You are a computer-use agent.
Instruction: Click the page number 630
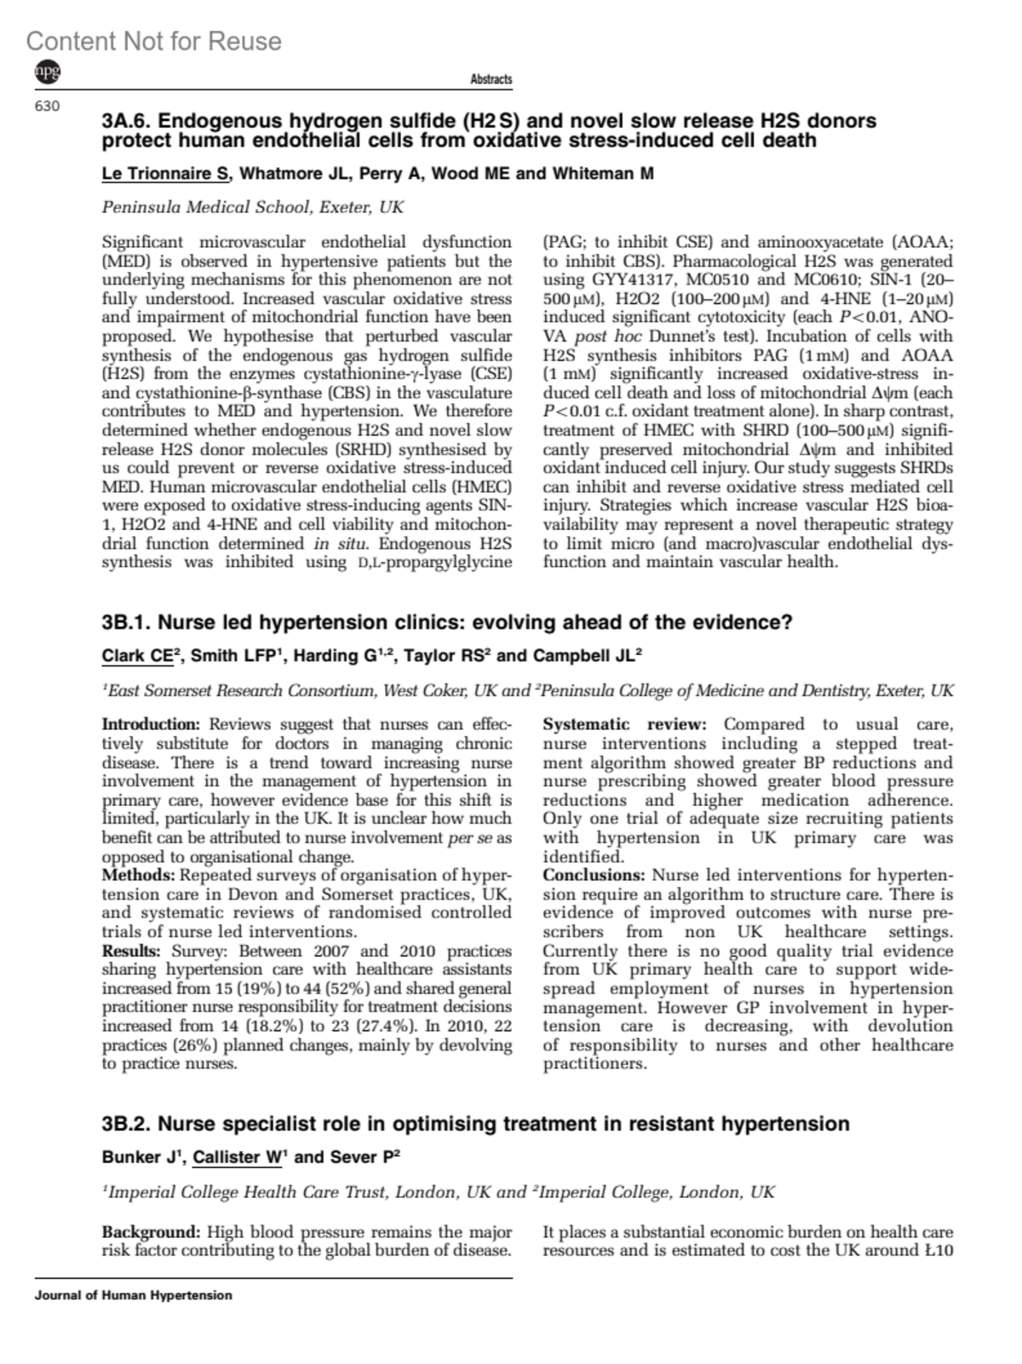(47, 106)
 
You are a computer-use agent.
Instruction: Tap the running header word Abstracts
(491, 79)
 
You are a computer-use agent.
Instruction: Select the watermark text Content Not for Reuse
(153, 41)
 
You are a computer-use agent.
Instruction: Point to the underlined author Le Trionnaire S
(166, 174)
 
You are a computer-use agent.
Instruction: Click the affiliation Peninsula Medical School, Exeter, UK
(252, 207)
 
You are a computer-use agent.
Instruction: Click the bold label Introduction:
(151, 724)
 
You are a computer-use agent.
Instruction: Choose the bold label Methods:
(138, 875)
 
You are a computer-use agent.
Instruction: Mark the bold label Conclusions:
(594, 875)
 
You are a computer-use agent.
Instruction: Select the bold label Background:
(150, 1232)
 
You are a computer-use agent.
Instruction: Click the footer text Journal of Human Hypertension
(133, 1295)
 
